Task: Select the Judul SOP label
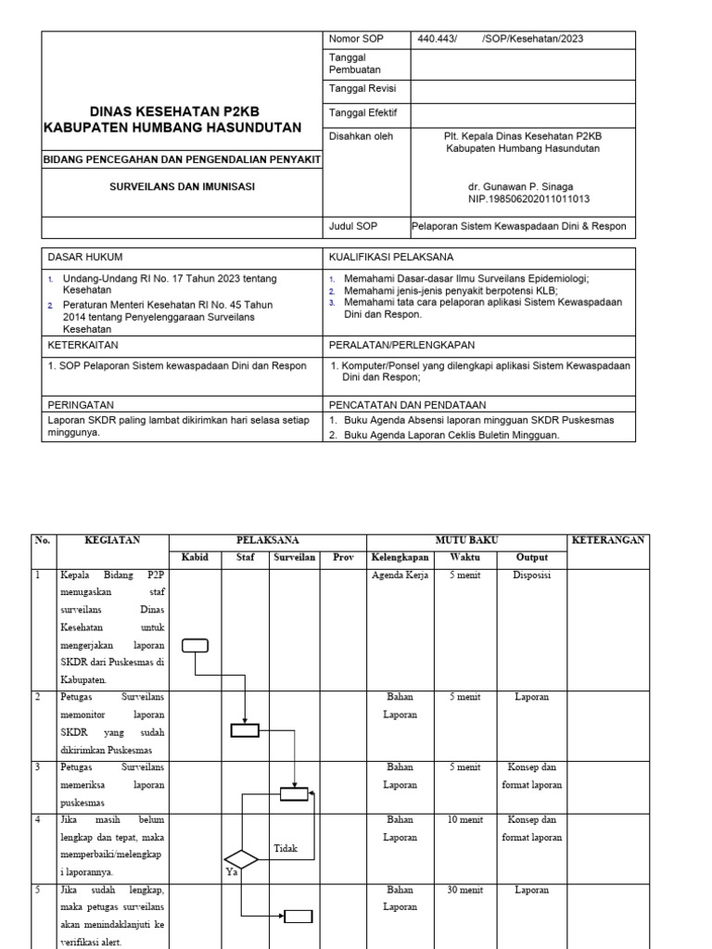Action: click(354, 226)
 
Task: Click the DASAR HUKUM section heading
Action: click(85, 257)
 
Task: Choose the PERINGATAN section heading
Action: click(81, 405)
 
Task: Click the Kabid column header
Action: click(196, 558)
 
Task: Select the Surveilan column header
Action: click(294, 558)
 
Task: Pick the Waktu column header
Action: click(465, 558)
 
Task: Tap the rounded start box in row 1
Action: click(196, 646)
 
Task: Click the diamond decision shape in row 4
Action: click(241, 858)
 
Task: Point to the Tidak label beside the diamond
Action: click(286, 849)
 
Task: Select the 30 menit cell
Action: click(465, 891)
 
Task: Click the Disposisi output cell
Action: click(531, 575)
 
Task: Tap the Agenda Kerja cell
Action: click(399, 575)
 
